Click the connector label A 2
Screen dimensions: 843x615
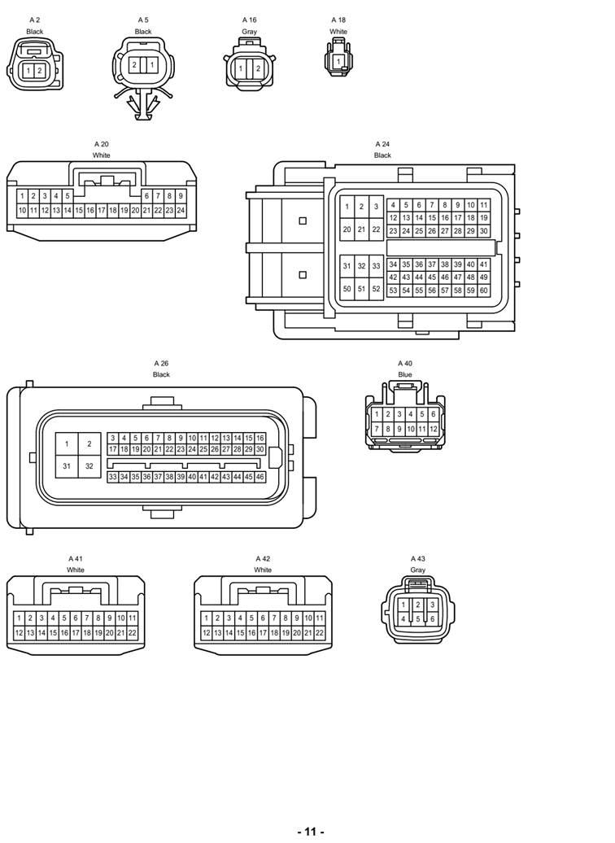(x=34, y=20)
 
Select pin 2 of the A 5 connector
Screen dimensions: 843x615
(x=134, y=64)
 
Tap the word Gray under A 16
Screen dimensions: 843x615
(x=249, y=32)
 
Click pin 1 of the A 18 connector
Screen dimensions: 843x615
(x=338, y=62)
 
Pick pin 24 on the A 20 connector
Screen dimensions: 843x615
(x=181, y=210)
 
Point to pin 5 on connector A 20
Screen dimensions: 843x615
(x=68, y=196)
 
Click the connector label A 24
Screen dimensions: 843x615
(x=382, y=144)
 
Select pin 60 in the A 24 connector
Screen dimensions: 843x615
(x=483, y=290)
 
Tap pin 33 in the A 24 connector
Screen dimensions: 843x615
(x=376, y=266)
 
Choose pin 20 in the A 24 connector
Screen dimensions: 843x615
(x=347, y=229)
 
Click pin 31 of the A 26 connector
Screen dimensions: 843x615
(x=67, y=466)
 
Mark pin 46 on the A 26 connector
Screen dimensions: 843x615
(x=260, y=477)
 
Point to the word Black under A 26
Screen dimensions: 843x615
(x=161, y=374)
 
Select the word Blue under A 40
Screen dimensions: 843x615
(x=405, y=374)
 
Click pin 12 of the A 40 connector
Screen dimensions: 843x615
(x=434, y=429)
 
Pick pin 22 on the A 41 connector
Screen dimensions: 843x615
(x=132, y=632)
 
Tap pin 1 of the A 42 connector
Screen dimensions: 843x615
(x=206, y=618)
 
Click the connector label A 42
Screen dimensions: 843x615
(x=263, y=559)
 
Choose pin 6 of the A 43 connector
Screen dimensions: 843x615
(x=432, y=618)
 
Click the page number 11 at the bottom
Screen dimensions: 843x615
(x=311, y=832)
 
